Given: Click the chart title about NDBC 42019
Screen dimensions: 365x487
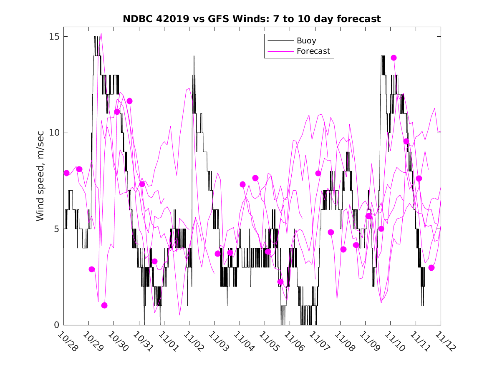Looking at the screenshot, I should (252, 19).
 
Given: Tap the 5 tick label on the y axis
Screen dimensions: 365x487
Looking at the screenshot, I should (58, 229).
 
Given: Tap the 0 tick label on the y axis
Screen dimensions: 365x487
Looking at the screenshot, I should (58, 325).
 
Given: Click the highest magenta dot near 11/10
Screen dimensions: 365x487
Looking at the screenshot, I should (394, 58).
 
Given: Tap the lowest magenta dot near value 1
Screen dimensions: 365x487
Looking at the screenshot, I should (104, 305).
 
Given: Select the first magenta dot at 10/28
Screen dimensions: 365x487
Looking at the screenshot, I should (66, 173).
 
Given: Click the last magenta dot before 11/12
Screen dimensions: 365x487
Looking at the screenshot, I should (431, 268).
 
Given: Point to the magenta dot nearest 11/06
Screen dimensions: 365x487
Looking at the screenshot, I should (280, 282).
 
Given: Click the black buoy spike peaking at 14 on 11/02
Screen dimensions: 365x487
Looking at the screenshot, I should (194, 56).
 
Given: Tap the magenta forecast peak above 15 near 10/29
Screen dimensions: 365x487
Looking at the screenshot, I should (101, 33).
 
